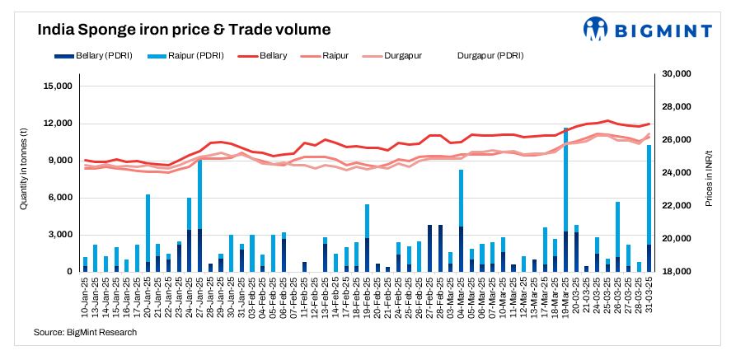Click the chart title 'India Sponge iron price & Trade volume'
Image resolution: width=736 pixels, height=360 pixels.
coord(184,30)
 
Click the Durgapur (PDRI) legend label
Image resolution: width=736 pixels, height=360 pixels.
coord(490,56)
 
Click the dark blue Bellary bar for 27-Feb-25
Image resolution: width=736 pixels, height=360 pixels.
coord(430,248)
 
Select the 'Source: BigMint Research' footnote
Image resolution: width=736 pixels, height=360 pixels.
coord(85,332)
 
